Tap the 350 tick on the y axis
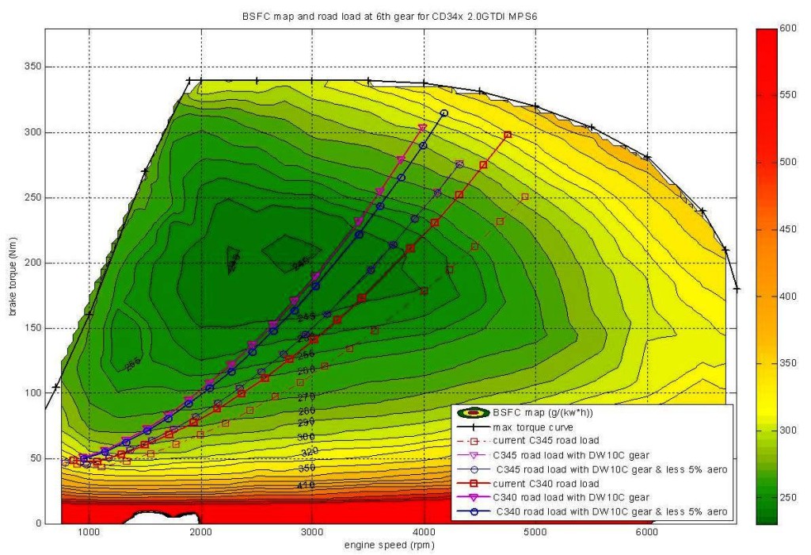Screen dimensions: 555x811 [32, 67]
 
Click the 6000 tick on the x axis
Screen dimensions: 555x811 [647, 534]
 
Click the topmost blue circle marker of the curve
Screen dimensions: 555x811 [444, 113]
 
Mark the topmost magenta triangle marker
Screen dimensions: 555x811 [422, 128]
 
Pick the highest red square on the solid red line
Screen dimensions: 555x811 [508, 135]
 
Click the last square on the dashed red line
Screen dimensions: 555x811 [524, 197]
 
